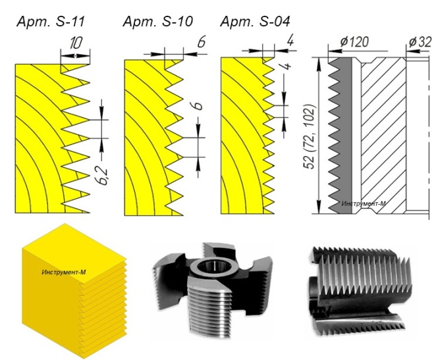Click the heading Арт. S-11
click(51, 22)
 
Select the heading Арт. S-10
click(157, 22)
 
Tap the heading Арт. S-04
click(255, 22)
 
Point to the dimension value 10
click(76, 43)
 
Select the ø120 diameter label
click(354, 41)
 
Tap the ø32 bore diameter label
click(420, 42)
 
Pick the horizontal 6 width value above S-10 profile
click(202, 42)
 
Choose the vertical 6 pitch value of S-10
click(198, 106)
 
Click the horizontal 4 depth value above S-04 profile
click(290, 41)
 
